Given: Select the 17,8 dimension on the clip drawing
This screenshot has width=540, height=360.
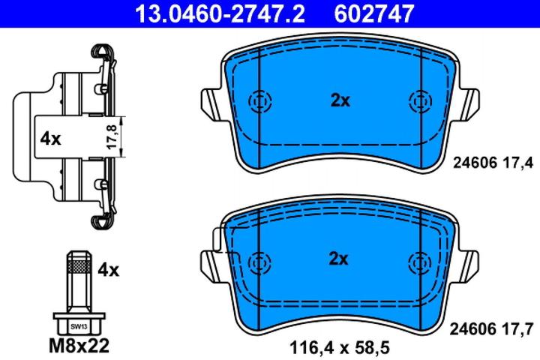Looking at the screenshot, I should click(113, 137).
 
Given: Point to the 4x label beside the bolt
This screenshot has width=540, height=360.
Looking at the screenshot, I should click(109, 268).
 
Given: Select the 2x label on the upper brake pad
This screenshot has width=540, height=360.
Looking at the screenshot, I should click(340, 100).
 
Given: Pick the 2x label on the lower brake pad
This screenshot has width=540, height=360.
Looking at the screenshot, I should click(340, 259).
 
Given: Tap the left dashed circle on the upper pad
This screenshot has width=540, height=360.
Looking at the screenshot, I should click(259, 100).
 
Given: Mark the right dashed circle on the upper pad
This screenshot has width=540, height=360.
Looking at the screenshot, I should click(420, 100).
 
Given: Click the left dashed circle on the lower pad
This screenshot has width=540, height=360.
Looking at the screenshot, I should click(259, 262).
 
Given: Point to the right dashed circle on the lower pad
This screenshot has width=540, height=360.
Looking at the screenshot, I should click(420, 262).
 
